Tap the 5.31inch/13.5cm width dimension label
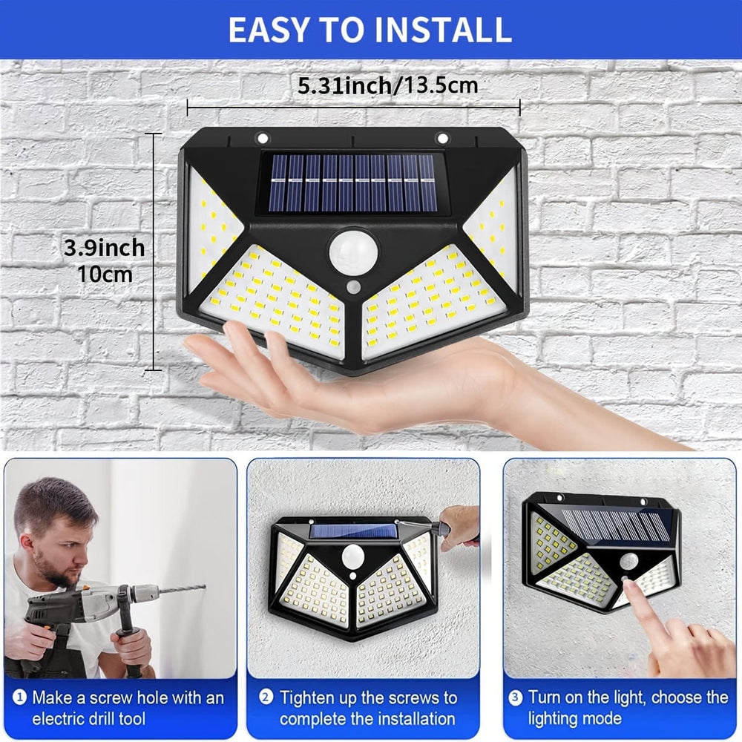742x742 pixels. pos(387,85)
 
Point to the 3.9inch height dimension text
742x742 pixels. pos(104,248)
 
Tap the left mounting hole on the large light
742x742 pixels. pos(262,137)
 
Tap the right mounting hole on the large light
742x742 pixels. pos(443,137)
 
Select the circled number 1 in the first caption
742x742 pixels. pos(19,697)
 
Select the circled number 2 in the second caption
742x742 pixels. pos(266,697)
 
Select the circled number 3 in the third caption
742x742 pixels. pos(515,697)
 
